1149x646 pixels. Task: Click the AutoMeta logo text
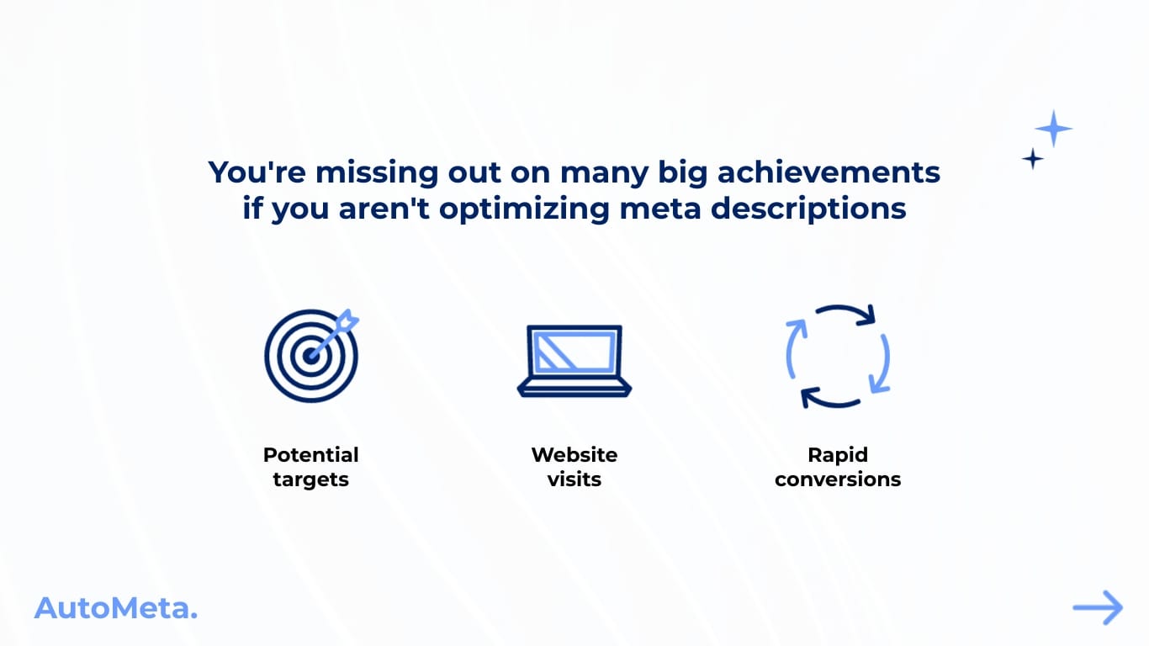(x=115, y=607)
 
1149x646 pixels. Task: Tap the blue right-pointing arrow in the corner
(x=1098, y=607)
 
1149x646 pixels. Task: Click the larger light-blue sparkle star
(x=1053, y=129)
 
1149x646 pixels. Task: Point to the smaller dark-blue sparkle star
(x=1032, y=158)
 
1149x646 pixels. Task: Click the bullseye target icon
(x=310, y=356)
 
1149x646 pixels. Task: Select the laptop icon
(x=574, y=361)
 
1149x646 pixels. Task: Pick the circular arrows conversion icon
(x=838, y=356)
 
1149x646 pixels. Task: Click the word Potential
(x=310, y=455)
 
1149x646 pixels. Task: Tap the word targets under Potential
(x=310, y=479)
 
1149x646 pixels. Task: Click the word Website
(x=574, y=455)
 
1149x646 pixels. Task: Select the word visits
(x=574, y=479)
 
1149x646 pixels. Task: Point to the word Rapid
(x=838, y=455)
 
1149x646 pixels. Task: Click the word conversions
(x=838, y=479)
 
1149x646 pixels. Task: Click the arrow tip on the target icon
(x=348, y=320)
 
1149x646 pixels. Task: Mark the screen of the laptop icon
(x=574, y=351)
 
